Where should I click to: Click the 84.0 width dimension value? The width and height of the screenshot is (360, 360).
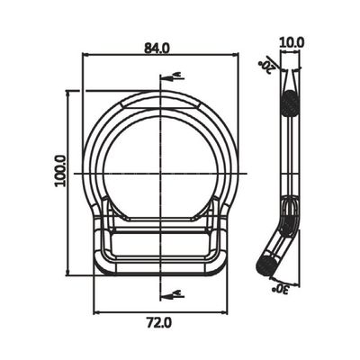[157, 48]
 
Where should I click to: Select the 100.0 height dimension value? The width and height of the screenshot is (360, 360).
[60, 171]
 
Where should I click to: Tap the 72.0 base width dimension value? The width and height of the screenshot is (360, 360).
[159, 323]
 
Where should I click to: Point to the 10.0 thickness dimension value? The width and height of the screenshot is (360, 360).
[292, 43]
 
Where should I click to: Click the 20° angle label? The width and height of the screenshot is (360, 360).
[266, 67]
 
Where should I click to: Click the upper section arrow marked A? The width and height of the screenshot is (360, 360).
[172, 77]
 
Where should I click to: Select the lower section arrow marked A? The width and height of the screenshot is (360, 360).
[172, 295]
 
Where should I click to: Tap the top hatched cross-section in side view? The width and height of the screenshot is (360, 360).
[290, 103]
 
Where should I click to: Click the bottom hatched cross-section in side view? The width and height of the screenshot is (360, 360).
[266, 265]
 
